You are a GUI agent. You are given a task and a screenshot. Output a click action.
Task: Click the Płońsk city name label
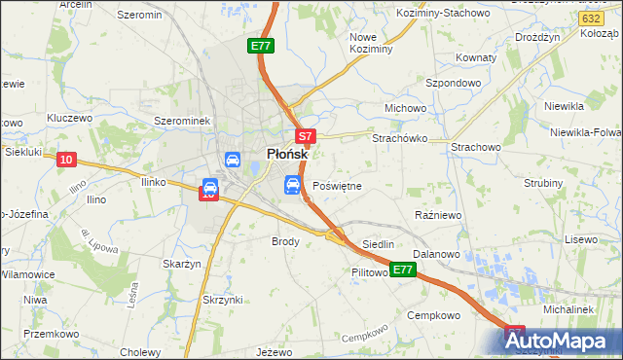click(287, 154)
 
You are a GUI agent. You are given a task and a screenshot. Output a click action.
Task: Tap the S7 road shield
click(305, 137)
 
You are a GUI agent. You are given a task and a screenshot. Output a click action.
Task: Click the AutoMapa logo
click(562, 341)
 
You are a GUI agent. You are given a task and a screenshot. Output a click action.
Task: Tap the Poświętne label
click(337, 185)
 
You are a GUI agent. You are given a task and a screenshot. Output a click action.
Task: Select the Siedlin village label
click(378, 243)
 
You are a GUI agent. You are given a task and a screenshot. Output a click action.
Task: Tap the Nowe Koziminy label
click(370, 42)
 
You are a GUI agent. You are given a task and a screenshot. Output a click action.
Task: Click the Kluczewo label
click(69, 117)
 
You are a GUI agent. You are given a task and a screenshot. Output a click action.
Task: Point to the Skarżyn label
click(182, 264)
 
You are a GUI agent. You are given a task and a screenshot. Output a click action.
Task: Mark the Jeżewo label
click(274, 350)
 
